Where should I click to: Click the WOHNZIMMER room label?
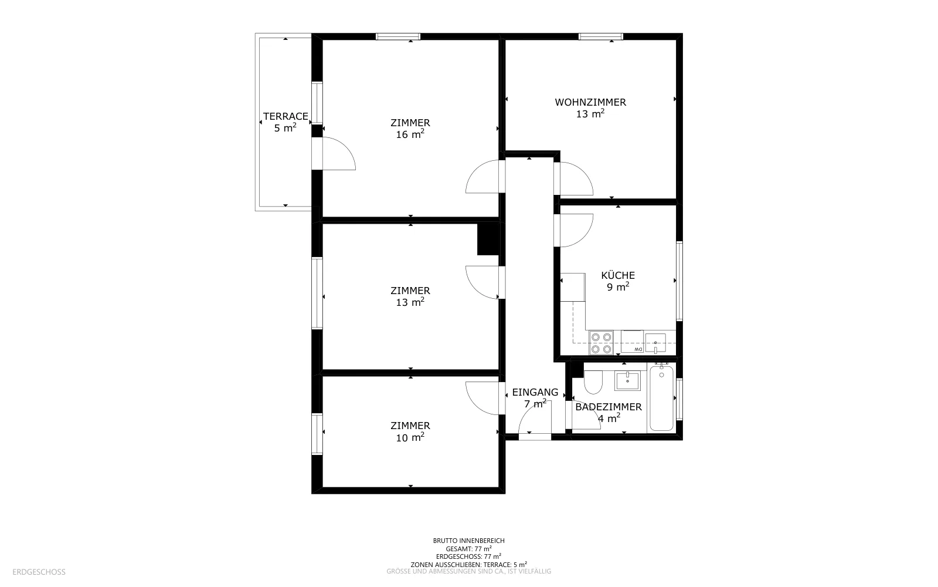(590, 102)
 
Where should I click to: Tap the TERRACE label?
(286, 116)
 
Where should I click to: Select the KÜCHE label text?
(618, 275)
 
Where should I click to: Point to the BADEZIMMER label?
(609, 407)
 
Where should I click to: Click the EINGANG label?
(535, 392)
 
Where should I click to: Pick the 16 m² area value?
(410, 134)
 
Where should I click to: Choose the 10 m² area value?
(410, 437)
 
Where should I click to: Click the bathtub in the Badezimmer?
(662, 398)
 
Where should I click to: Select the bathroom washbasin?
(627, 381)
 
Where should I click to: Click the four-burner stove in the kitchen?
(601, 343)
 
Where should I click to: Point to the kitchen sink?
(655, 343)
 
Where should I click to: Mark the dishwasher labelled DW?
(633, 342)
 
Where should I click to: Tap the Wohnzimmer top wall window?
(601, 36)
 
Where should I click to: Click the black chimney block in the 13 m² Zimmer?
(488, 238)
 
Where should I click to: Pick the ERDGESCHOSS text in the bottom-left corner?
(39, 572)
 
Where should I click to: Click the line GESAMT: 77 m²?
(468, 548)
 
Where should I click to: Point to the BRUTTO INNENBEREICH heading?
(468, 541)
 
